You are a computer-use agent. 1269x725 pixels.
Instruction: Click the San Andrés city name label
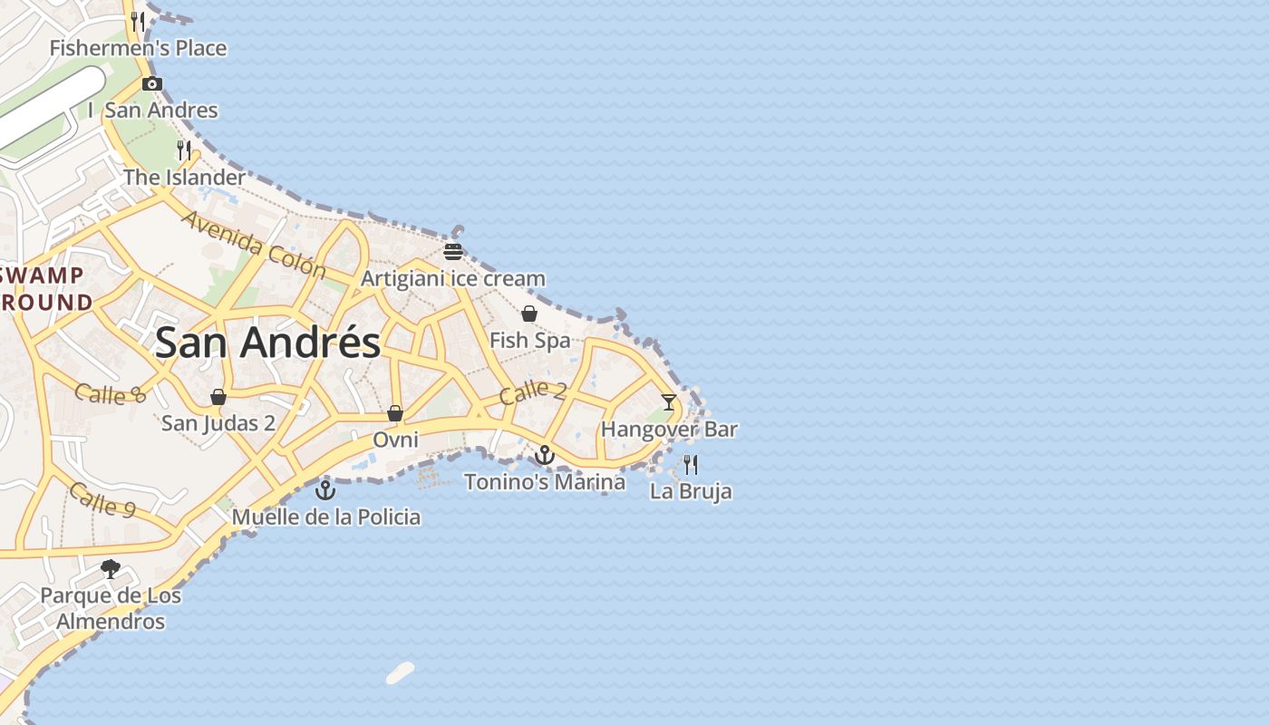(x=267, y=343)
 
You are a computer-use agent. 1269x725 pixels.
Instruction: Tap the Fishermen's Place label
(x=138, y=48)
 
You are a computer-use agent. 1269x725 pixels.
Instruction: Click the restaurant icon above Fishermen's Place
(x=138, y=20)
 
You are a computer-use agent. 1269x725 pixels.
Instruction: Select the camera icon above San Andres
(x=152, y=84)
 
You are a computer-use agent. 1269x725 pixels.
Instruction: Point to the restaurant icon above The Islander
(x=184, y=149)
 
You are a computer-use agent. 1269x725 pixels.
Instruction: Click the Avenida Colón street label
(x=253, y=244)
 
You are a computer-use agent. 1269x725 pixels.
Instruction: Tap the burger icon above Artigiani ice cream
(x=453, y=252)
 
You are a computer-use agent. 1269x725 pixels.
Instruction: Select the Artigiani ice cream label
(x=453, y=278)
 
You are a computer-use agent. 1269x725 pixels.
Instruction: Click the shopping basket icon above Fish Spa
(x=529, y=314)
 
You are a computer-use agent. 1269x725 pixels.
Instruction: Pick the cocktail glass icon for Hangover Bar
(x=669, y=402)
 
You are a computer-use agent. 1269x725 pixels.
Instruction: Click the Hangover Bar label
(x=669, y=430)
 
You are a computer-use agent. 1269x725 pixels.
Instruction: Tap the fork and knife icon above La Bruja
(x=691, y=465)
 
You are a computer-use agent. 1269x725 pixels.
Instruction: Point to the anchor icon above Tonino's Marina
(x=545, y=455)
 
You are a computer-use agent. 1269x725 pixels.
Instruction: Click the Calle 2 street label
(x=533, y=391)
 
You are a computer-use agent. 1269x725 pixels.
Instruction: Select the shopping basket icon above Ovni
(x=395, y=413)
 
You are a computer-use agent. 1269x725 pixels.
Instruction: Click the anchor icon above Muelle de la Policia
(x=325, y=490)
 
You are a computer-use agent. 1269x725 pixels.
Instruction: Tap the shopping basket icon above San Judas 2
(x=218, y=397)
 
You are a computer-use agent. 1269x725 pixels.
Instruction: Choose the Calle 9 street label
(x=102, y=499)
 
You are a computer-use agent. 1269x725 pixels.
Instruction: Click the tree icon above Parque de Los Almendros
(x=111, y=569)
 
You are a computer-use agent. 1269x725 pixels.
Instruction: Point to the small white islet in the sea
(x=400, y=673)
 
